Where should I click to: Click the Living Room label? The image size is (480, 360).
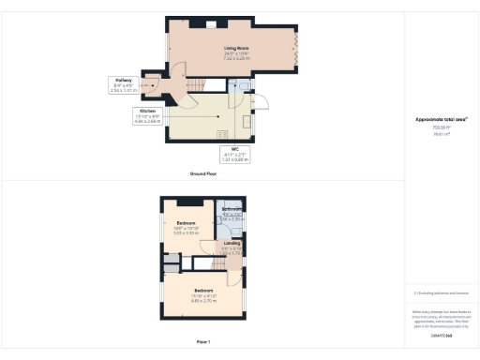234,49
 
